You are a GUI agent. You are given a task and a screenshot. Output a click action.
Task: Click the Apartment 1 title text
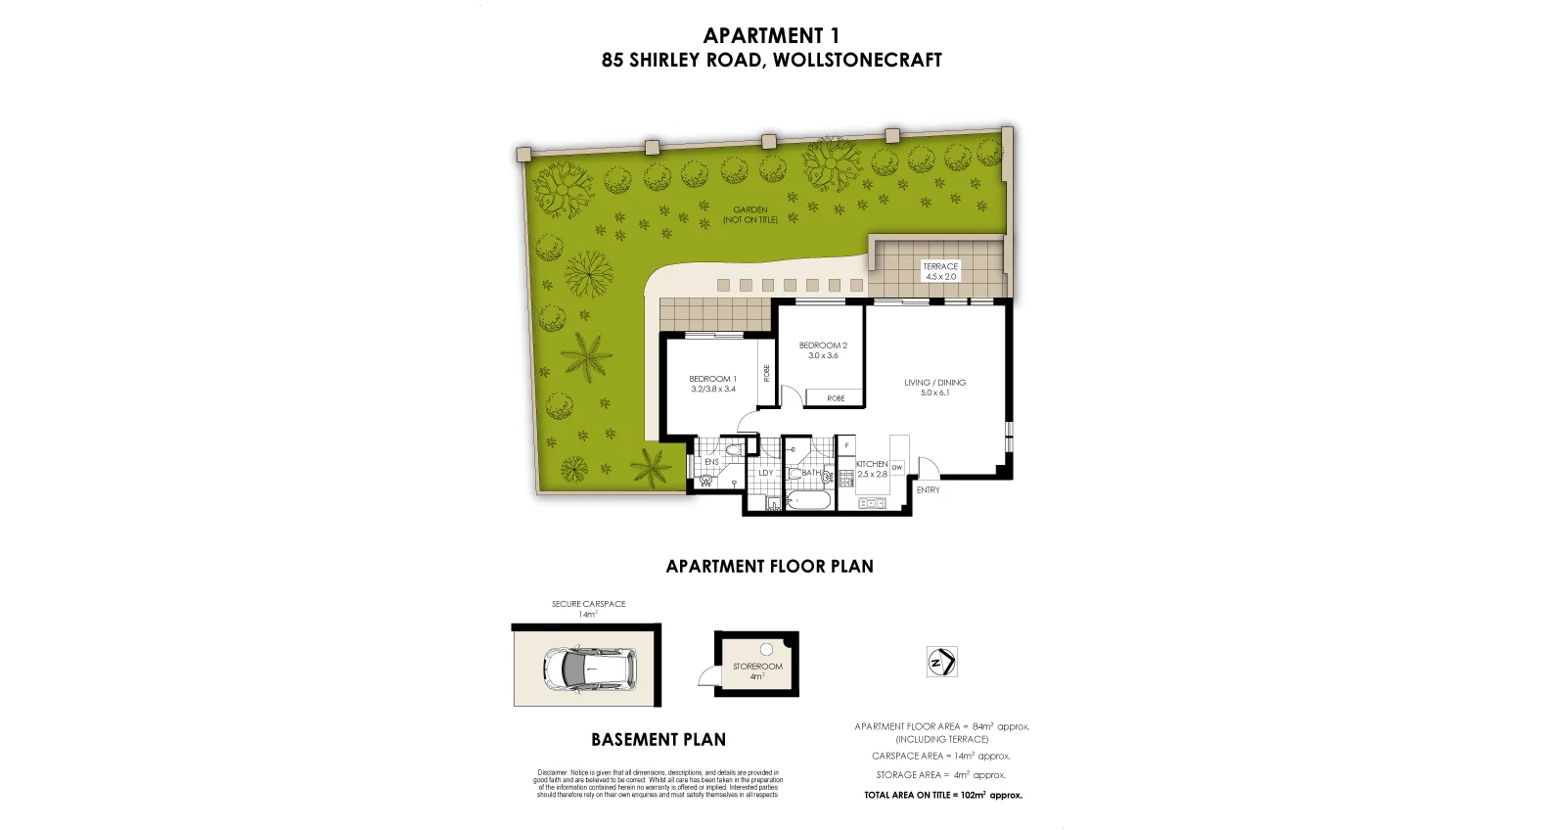click(771, 36)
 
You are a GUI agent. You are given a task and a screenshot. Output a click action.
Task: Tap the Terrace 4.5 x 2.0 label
click(940, 271)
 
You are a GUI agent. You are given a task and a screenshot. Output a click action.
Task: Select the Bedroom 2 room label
click(823, 350)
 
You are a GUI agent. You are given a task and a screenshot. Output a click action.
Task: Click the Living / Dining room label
click(934, 388)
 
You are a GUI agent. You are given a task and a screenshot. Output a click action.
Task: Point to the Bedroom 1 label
click(712, 384)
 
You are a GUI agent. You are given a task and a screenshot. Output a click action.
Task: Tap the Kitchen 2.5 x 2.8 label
click(871, 469)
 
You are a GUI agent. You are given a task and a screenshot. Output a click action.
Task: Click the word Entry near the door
click(928, 489)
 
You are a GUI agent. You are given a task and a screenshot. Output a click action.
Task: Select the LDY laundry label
click(766, 473)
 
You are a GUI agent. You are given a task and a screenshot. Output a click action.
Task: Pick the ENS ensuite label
click(711, 462)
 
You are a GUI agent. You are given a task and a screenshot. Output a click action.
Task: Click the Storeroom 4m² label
click(757, 670)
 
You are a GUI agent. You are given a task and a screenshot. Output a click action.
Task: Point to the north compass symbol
click(941, 663)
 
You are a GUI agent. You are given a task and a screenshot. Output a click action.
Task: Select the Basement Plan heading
click(658, 740)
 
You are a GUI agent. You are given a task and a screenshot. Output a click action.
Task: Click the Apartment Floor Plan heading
click(770, 566)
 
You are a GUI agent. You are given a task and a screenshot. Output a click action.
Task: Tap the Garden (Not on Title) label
click(750, 214)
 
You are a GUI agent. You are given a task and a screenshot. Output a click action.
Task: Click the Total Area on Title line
click(942, 796)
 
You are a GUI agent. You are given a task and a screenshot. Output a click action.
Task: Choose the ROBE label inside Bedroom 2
click(836, 398)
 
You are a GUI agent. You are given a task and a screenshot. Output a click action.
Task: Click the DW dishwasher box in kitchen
click(896, 468)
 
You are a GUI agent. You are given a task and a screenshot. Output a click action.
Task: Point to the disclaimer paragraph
click(658, 783)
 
